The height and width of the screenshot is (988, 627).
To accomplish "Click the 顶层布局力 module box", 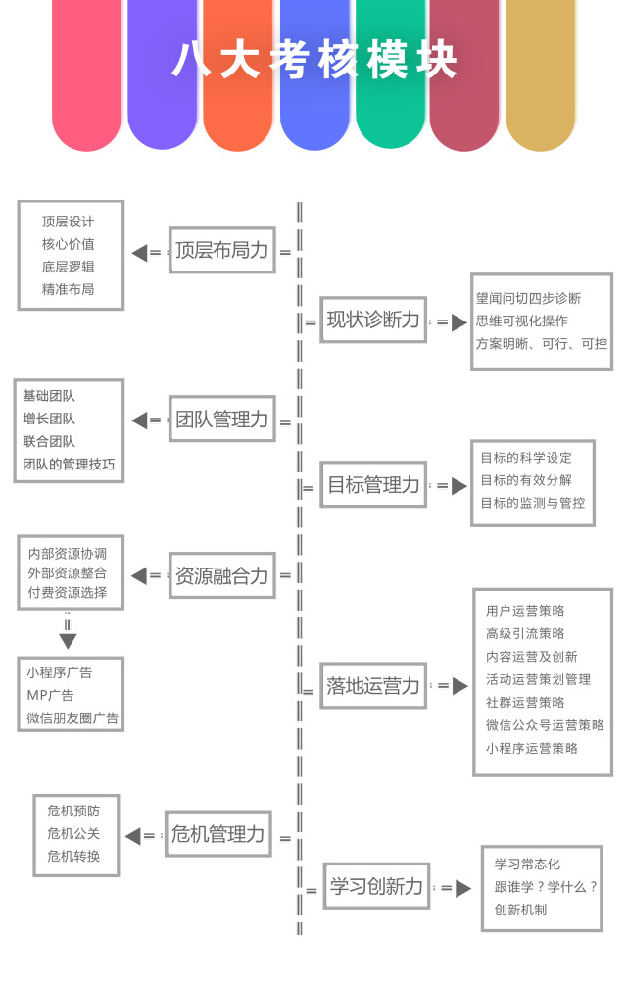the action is (x=222, y=250).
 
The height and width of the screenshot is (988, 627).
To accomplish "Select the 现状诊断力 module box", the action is (x=373, y=320).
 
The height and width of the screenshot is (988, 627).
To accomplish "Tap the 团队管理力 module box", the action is (x=222, y=420).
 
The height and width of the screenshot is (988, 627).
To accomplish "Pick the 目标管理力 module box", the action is (x=373, y=484).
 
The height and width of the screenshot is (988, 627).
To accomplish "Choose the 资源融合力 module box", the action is (x=222, y=575).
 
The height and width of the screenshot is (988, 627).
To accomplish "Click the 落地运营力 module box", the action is (x=373, y=685).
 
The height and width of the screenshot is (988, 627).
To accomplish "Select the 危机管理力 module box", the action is (x=218, y=833).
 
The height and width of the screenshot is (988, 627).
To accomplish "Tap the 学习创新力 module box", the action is (x=376, y=886).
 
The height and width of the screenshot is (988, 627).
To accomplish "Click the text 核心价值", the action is (x=68, y=244).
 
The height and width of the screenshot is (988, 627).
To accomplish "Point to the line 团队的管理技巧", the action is (x=70, y=465).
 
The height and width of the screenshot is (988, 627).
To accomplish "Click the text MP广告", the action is (x=50, y=695).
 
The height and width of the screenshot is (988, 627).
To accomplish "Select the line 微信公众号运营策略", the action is (x=545, y=725).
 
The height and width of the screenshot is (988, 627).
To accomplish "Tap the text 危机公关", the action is (x=73, y=833).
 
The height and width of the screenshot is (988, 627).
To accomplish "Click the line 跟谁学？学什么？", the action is (x=546, y=887).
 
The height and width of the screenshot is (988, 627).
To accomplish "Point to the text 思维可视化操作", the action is (x=522, y=321).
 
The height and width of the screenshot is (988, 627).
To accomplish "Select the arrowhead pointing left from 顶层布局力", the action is (x=139, y=253).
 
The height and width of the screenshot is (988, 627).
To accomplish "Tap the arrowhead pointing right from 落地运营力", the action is (x=460, y=686).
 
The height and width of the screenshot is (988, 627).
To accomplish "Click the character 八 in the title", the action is (x=191, y=60).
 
